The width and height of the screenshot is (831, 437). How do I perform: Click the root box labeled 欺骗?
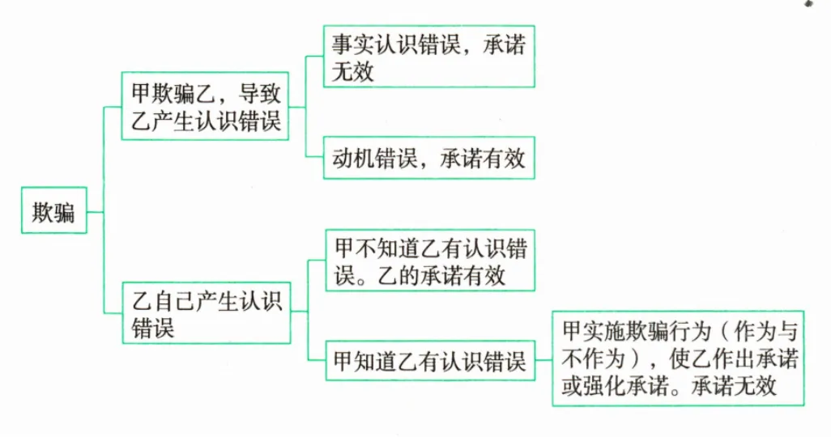(53, 212)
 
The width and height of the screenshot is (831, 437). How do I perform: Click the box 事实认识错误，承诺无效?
(428, 56)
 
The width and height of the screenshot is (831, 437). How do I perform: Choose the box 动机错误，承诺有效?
(428, 157)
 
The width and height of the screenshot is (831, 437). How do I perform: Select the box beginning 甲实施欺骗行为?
(677, 358)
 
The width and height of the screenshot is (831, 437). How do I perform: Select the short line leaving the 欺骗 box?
(95, 212)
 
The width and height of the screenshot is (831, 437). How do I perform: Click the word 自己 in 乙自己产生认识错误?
(172, 301)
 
